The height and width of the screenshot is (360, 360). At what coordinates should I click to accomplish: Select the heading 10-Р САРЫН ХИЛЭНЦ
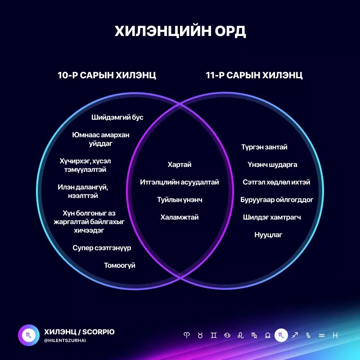(107, 75)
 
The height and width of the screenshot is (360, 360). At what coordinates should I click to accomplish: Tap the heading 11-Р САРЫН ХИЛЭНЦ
(254, 75)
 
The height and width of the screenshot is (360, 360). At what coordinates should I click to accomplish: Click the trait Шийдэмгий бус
(117, 117)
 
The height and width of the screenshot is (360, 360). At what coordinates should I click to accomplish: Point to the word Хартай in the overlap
(180, 165)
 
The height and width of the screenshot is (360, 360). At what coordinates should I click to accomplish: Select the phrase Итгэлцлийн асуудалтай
(180, 182)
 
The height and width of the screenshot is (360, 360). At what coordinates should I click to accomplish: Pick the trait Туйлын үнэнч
(180, 200)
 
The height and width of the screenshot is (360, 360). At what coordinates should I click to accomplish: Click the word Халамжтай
(180, 217)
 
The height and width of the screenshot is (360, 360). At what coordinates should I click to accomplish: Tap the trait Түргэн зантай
(264, 147)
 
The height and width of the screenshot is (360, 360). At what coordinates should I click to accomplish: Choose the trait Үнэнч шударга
(272, 165)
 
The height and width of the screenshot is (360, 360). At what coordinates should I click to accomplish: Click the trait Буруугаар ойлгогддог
(277, 200)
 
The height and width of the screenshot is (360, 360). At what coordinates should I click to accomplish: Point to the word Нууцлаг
(268, 235)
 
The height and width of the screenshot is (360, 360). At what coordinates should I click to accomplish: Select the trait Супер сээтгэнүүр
(102, 248)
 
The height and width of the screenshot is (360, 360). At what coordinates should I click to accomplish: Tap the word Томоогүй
(120, 265)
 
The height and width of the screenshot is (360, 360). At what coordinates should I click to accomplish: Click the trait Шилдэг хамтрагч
(272, 217)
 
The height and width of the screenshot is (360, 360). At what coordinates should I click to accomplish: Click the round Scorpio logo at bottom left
(28, 335)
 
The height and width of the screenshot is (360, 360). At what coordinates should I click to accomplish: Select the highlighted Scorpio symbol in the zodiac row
(281, 335)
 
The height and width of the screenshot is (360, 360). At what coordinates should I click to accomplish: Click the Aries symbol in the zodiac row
(187, 335)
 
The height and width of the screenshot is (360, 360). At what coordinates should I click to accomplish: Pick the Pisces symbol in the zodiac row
(335, 335)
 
